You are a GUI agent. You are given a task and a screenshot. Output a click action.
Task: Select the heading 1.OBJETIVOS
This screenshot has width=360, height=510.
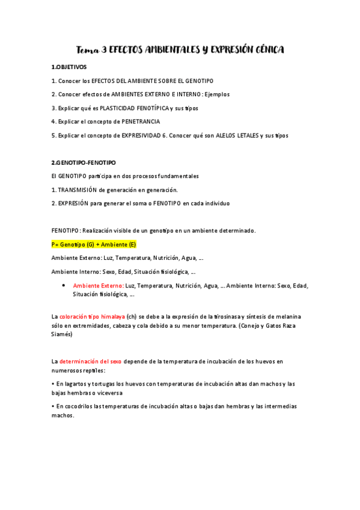click(69, 67)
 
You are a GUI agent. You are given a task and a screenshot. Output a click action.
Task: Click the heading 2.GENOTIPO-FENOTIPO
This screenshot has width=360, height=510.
click(84, 162)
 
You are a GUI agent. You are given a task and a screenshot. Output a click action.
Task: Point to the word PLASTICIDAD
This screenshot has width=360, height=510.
click(128, 108)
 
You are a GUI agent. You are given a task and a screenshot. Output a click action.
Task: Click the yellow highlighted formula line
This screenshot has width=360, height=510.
click(94, 244)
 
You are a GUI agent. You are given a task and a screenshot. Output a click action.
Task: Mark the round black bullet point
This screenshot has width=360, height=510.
click(64, 285)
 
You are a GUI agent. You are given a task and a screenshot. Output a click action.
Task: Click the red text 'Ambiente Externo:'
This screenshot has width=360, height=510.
click(98, 286)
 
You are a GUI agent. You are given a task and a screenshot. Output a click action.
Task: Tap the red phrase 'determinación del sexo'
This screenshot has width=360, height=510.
click(90, 361)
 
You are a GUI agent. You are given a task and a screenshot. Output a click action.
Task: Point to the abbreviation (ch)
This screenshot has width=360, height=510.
click(132, 316)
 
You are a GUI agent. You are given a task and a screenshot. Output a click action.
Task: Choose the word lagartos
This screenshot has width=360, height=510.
click(78, 384)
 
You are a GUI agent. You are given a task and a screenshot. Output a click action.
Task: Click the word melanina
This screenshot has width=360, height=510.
click(287, 316)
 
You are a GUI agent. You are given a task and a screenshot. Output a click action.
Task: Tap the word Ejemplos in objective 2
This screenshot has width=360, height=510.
click(217, 94)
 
